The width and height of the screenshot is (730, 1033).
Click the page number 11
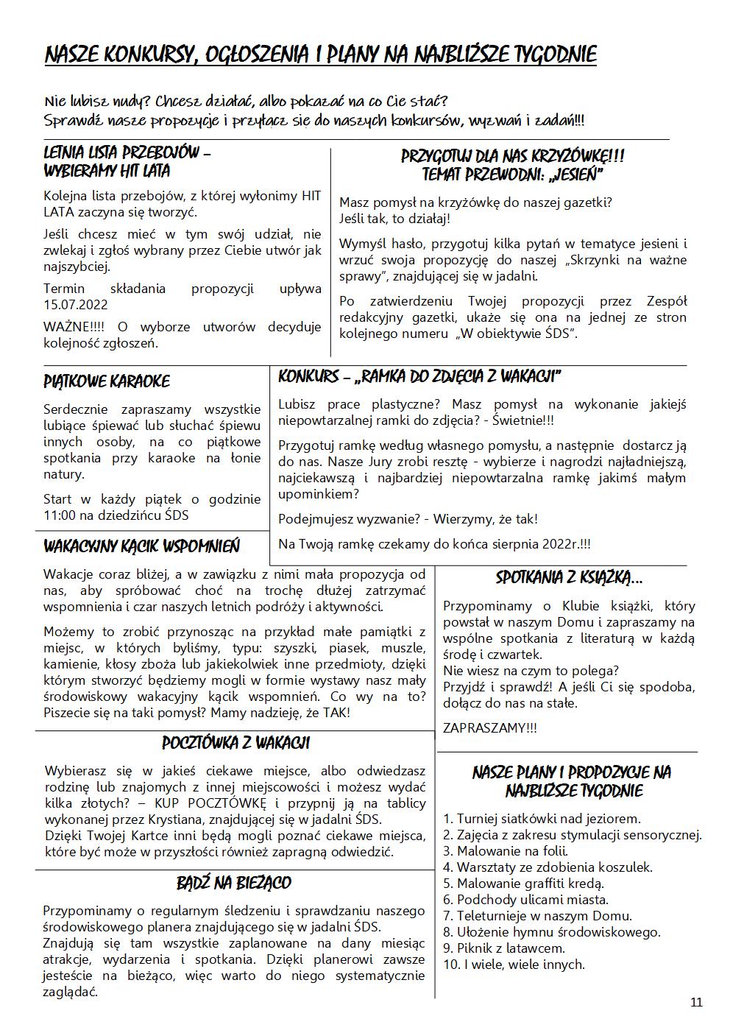point(696,1002)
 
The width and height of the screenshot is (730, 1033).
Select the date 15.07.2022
point(76,305)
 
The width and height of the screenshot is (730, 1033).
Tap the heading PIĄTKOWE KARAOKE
point(107,381)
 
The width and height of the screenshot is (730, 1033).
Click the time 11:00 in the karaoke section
point(61,515)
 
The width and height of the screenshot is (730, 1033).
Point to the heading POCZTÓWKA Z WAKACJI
point(235,743)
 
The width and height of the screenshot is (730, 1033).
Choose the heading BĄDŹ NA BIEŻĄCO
point(234,883)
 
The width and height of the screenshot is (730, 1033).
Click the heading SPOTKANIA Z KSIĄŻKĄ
point(570,578)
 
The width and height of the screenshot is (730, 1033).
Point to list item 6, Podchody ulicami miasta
point(525,900)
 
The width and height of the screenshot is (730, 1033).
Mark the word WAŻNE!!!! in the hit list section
point(76,327)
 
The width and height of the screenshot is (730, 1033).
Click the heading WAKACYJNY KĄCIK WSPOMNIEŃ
point(141,547)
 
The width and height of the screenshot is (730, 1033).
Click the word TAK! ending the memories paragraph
point(336,713)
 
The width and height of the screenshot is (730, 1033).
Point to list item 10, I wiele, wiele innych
point(514,965)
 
